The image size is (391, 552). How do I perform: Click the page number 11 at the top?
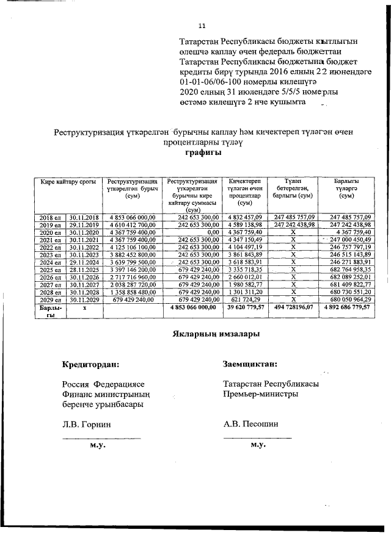tap(202, 26)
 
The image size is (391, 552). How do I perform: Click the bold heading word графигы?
tap(203, 153)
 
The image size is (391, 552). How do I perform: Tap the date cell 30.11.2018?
tap(84, 217)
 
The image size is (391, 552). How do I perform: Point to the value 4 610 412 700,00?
tap(133, 225)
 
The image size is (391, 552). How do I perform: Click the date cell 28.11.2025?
tap(84, 269)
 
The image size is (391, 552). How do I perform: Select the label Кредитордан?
tap(90, 365)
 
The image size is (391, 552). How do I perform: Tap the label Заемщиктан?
tap(250, 364)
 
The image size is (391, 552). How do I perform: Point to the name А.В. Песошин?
tap(251, 424)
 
